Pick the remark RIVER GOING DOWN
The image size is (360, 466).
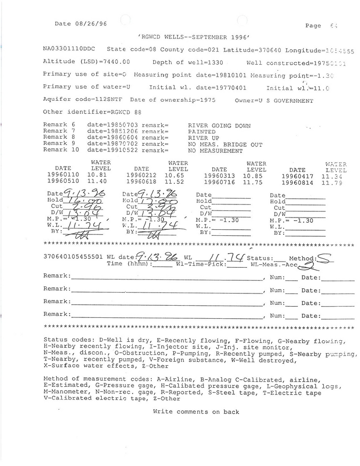pyautogui.click(x=219, y=126)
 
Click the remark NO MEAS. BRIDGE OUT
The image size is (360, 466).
pyautogui.click(x=225, y=145)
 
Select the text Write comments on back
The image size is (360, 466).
pyautogui.click(x=195, y=412)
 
